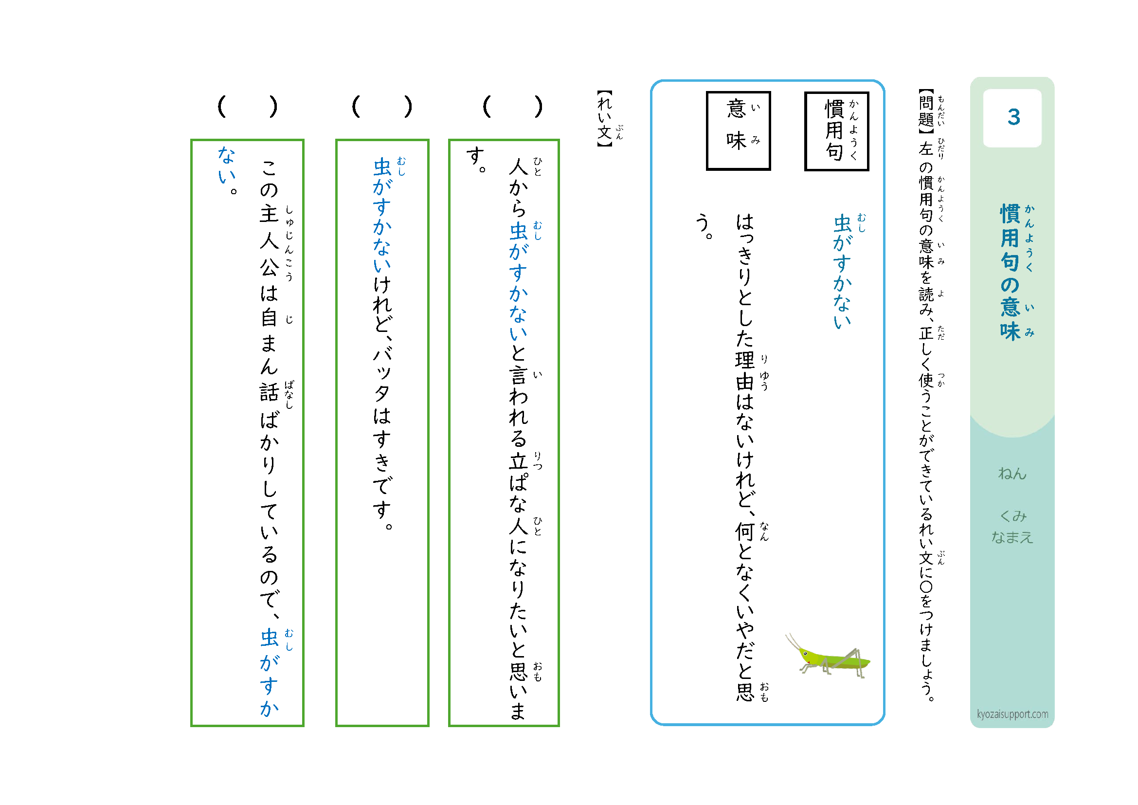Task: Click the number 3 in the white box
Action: pyautogui.click(x=1013, y=117)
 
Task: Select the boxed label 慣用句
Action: pyautogui.click(x=836, y=131)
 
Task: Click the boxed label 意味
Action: pyautogui.click(x=738, y=130)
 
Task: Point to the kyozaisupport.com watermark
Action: pyautogui.click(x=1012, y=714)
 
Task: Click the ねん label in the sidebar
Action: pyautogui.click(x=1012, y=474)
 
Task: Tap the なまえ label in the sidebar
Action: pyautogui.click(x=1012, y=537)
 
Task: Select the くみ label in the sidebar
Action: pyautogui.click(x=1012, y=515)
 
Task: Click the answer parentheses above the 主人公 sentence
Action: pyautogui.click(x=247, y=106)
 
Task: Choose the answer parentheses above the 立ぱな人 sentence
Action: pyautogui.click(x=512, y=106)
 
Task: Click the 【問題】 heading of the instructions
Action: pyautogui.click(x=925, y=111)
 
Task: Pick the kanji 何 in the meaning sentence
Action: pyautogui.click(x=744, y=531)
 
